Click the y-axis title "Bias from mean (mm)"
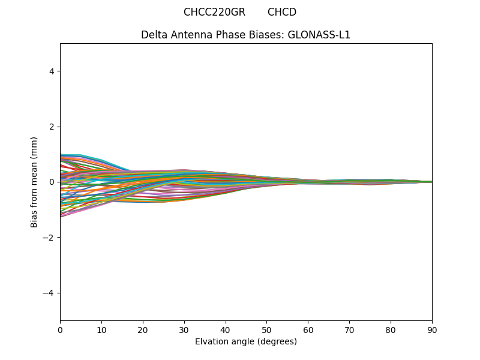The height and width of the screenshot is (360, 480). tap(34, 182)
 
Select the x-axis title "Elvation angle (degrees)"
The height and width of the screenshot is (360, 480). tap(246, 341)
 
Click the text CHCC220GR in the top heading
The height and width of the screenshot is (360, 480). tap(214, 12)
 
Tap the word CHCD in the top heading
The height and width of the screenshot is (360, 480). tap(282, 12)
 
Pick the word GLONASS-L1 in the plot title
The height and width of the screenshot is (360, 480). tap(319, 35)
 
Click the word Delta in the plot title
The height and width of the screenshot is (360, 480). tap(154, 35)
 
